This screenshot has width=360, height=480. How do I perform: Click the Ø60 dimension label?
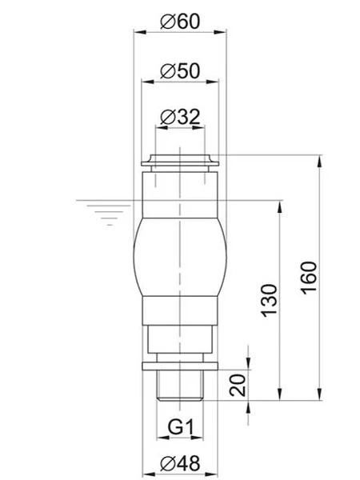coord(179,22)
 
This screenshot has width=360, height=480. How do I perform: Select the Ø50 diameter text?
coord(179,70)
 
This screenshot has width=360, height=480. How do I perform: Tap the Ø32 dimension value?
coord(179,118)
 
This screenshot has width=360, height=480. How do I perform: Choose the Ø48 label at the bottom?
coord(179,463)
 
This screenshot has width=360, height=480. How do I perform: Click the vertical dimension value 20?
coord(237,386)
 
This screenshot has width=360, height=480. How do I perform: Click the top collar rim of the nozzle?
coord(179,159)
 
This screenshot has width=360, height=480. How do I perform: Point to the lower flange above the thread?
coord(179,366)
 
